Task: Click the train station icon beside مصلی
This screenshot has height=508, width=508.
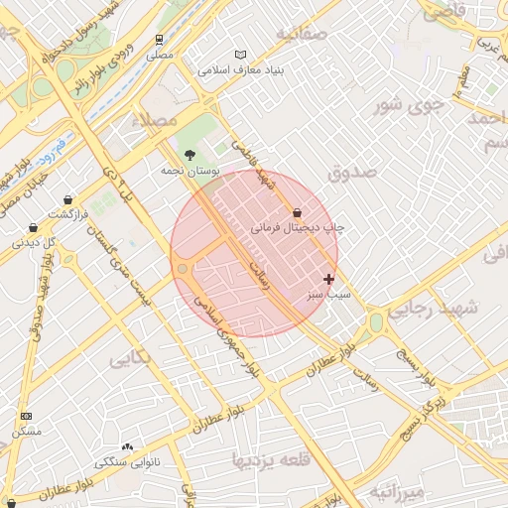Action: [x=159, y=40]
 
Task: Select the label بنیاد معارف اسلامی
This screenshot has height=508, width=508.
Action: [x=241, y=71]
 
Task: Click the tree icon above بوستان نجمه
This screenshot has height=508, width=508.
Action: [x=190, y=154]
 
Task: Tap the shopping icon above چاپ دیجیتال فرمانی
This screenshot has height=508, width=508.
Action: [x=297, y=211]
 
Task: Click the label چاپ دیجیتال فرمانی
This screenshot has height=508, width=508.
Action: [x=297, y=227]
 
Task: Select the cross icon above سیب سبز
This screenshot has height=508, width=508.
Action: [x=328, y=279]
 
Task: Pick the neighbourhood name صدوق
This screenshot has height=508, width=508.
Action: [x=353, y=172]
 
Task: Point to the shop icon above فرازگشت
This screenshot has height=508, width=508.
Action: [x=67, y=198]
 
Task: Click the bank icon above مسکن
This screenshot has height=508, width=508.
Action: [x=26, y=416]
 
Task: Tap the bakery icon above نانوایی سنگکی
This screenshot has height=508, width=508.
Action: [x=127, y=446]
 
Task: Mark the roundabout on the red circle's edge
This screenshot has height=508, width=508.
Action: [x=183, y=269]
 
